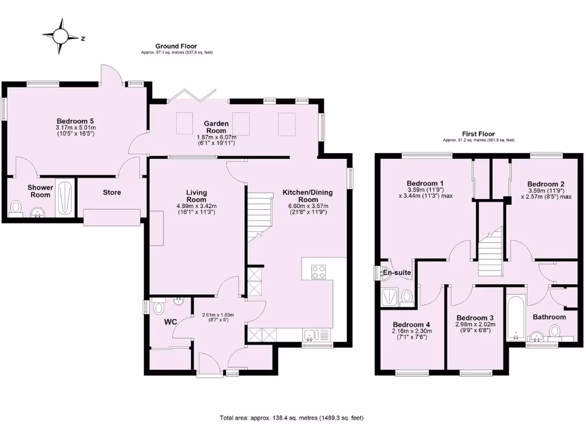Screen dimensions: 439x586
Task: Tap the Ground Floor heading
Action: (176, 46)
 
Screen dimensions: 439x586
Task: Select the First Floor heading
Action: (478, 134)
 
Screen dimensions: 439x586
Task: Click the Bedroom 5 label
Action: (75, 121)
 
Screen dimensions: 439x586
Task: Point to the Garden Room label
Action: (217, 127)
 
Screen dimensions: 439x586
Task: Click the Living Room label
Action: (196, 196)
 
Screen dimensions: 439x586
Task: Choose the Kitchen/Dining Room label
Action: (307, 196)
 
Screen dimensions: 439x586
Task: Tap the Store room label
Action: (112, 193)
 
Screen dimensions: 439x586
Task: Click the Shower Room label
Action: (40, 191)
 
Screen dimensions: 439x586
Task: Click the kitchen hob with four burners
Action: (318, 272)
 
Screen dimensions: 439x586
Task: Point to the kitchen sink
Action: (312, 335)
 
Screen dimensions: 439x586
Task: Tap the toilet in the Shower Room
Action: (16, 207)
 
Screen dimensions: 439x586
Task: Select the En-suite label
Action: (397, 273)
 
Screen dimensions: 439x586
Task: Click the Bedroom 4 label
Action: (411, 324)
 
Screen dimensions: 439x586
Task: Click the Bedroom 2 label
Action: (544, 184)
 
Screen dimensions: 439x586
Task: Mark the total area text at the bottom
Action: (292, 418)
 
